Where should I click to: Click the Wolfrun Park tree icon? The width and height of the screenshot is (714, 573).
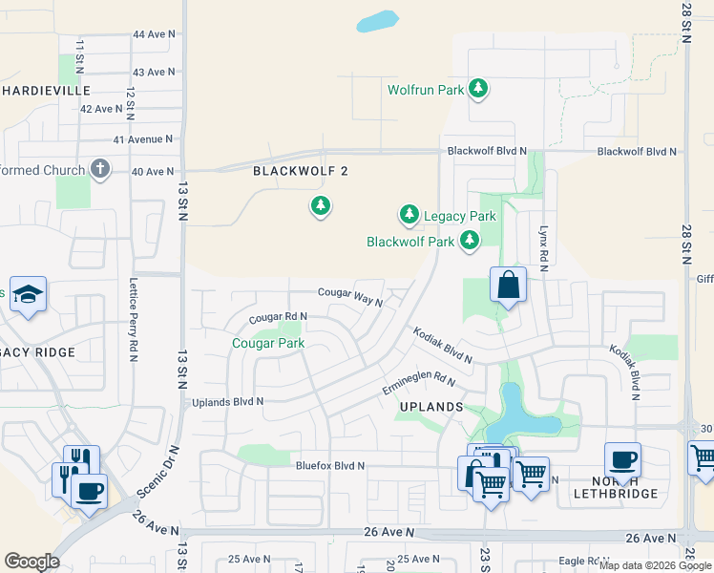[x=478, y=90]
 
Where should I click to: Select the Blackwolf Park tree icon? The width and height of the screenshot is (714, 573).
[x=469, y=241]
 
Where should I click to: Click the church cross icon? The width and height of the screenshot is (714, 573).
[x=99, y=170]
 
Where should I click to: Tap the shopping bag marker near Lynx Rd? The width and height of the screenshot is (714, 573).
[x=508, y=285]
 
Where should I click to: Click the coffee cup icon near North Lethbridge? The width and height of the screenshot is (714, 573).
[x=622, y=459]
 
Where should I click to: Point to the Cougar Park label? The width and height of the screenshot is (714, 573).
[x=268, y=343]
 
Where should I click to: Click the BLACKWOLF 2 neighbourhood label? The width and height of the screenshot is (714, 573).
[x=295, y=171]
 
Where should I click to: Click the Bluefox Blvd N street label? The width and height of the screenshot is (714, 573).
[x=330, y=466]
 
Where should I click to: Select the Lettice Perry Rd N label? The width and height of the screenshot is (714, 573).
[x=133, y=320]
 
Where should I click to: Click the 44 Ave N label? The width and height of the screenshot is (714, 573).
[x=155, y=34]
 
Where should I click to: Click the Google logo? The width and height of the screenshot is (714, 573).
[x=31, y=562]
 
